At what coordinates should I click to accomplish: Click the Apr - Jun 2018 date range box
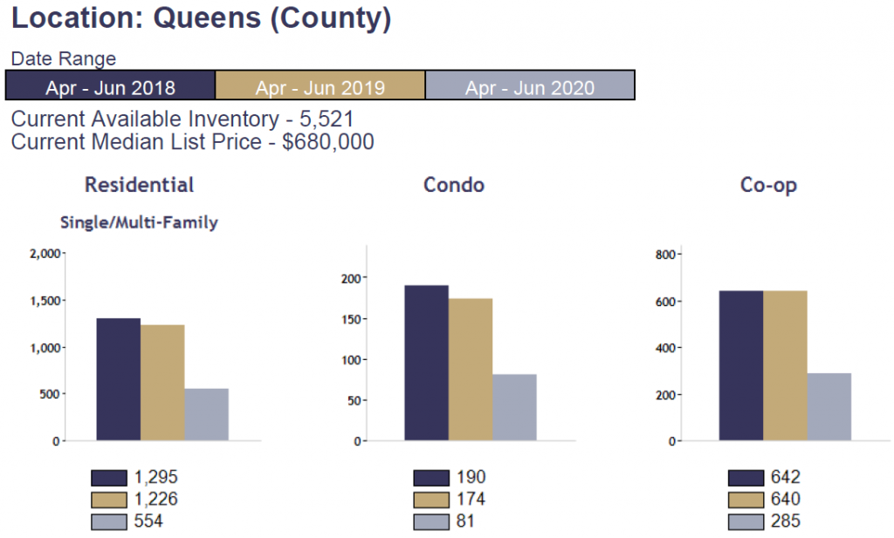click(x=110, y=87)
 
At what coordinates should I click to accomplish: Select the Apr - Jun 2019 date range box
click(x=320, y=87)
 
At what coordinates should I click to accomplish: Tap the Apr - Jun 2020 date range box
click(x=529, y=87)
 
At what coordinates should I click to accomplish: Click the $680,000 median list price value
click(x=327, y=141)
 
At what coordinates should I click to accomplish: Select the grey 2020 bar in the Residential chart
click(x=206, y=414)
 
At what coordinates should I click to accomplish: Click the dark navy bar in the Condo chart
click(x=426, y=363)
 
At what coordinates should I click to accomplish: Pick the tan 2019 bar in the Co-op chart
click(x=785, y=365)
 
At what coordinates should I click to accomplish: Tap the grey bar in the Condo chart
click(x=514, y=407)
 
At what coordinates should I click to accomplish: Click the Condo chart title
click(x=453, y=185)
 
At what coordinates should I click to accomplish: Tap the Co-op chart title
click(x=768, y=185)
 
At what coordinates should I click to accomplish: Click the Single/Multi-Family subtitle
click(x=139, y=222)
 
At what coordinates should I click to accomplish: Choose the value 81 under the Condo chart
click(x=465, y=521)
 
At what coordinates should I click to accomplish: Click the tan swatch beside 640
click(x=746, y=500)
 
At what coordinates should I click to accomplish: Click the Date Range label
click(x=63, y=59)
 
